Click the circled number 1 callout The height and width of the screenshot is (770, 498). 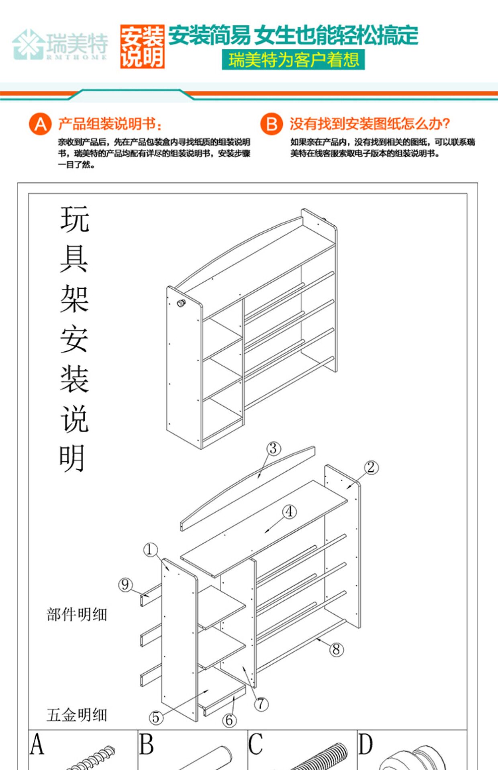click(150, 549)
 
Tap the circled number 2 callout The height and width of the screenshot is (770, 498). click(371, 467)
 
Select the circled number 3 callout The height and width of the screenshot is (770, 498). click(273, 448)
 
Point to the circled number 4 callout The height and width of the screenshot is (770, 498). click(290, 512)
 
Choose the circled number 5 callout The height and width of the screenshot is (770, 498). click(156, 717)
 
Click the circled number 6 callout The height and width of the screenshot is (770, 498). click(229, 720)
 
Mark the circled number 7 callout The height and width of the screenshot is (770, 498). click(261, 703)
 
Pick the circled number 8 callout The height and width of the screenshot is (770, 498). click(337, 649)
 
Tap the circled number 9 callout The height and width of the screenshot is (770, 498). click(125, 584)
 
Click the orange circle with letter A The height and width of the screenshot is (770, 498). click(40, 124)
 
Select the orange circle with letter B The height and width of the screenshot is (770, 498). click(271, 124)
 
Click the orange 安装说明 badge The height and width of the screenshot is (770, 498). click(142, 47)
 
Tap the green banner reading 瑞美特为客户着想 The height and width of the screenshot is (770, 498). click(293, 60)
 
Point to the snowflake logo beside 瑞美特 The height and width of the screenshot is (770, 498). click(28, 44)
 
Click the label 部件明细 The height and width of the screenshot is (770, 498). click(77, 614)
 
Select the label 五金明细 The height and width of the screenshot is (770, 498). click(77, 715)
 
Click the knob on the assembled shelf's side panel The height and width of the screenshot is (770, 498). click(182, 303)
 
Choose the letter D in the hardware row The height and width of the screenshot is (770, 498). click(365, 744)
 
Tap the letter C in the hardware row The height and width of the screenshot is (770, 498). click(256, 744)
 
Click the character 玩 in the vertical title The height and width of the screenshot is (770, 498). click(74, 219)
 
